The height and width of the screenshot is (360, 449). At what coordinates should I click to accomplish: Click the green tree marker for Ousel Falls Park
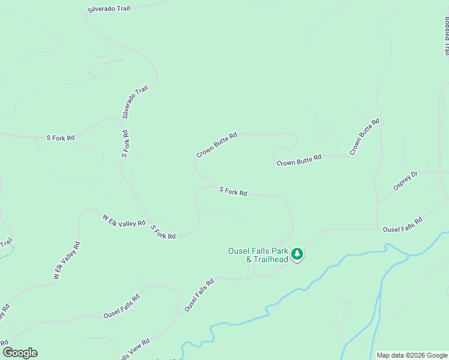(297, 254)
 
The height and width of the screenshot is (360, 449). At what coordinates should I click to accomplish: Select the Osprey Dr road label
(405, 181)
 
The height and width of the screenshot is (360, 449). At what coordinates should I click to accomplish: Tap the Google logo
(20, 353)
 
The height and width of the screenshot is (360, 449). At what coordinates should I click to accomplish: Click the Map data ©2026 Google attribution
(412, 355)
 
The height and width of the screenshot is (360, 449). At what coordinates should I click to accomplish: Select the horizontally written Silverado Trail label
(108, 9)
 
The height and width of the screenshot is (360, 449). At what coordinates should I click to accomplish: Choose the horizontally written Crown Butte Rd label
(300, 160)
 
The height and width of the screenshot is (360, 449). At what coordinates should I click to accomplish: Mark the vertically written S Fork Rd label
(125, 143)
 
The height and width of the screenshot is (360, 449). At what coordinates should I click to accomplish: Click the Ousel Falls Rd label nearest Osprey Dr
(403, 224)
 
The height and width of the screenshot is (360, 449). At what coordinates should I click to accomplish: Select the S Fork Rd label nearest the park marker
(234, 191)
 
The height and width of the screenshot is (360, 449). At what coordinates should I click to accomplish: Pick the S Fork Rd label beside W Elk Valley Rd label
(163, 232)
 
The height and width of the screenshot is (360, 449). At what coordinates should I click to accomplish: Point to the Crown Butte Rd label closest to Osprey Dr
(365, 137)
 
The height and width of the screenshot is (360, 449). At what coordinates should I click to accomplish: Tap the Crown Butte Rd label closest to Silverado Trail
(217, 145)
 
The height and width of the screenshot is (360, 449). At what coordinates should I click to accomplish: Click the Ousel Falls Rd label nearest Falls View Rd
(122, 306)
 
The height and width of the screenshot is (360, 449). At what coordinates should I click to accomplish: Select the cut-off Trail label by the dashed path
(7, 244)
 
